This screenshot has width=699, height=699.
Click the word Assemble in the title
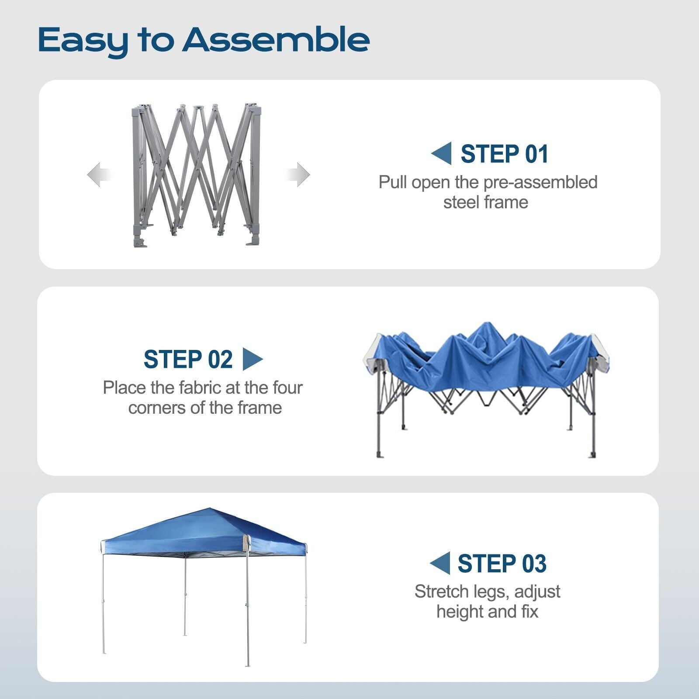coord(276,40)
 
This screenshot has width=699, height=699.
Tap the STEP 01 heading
coord(505,154)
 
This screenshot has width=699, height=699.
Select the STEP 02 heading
coord(188,360)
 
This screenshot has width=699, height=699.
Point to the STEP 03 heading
coord(502,564)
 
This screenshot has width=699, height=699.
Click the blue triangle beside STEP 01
coord(441,153)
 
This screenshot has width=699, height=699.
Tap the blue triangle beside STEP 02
coord(253,359)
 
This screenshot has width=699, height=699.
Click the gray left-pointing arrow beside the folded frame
coord(98,175)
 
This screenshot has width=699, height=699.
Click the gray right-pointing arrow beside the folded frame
coord(298,175)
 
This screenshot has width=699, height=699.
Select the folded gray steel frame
coord(196,175)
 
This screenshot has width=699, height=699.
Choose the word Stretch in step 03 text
coord(441,592)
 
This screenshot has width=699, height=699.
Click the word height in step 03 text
coord(459,612)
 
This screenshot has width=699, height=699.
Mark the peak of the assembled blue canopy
coord(210,508)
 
